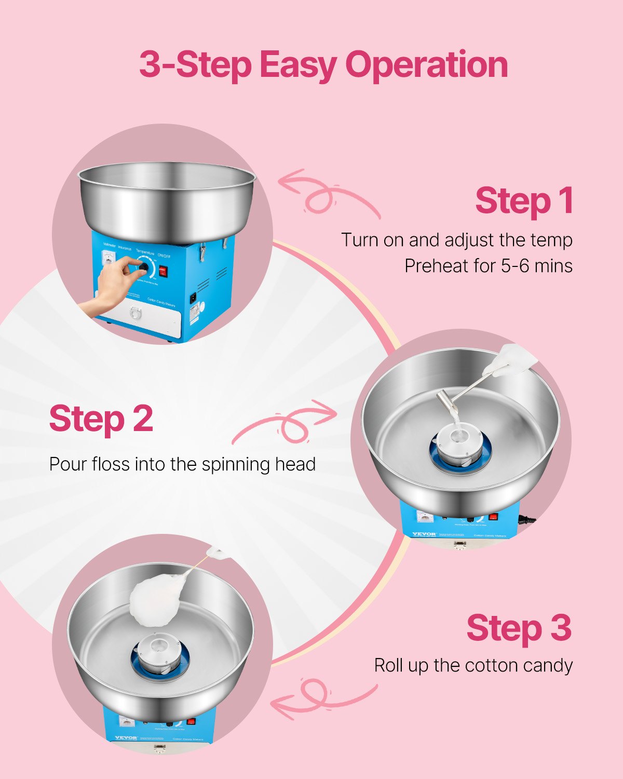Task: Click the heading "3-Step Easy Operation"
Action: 323,65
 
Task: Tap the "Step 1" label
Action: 523,201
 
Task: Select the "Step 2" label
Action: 101,419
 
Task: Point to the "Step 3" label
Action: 519,628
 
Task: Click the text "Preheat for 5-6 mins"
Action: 488,266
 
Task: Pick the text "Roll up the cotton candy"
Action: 473,665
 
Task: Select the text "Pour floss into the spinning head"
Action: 182,464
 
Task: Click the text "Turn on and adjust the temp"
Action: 456,240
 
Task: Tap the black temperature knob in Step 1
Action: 143,268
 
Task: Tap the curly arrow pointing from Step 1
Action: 327,195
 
